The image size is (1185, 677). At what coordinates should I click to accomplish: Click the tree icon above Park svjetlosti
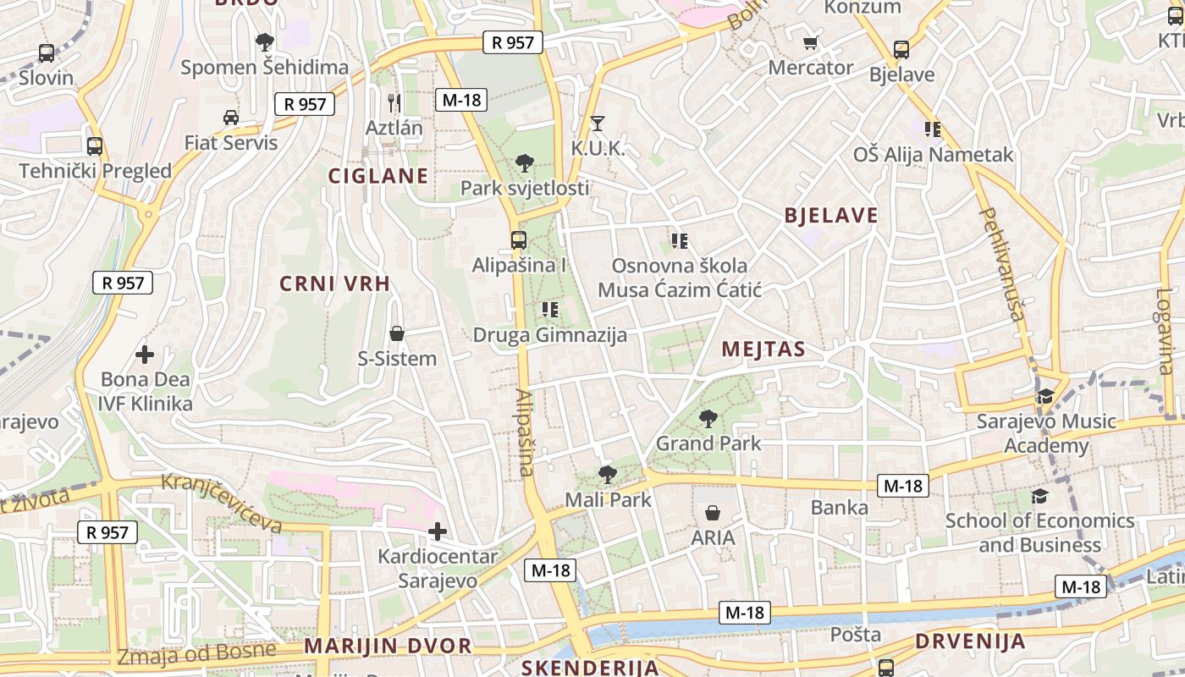click(x=524, y=162)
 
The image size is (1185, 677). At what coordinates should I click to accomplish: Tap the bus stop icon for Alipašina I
click(x=519, y=240)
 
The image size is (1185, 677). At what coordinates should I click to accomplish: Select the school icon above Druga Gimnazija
click(x=549, y=310)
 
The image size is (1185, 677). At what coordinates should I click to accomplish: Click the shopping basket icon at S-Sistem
click(x=396, y=334)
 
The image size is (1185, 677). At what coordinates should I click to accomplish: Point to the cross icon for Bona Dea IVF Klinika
click(x=145, y=354)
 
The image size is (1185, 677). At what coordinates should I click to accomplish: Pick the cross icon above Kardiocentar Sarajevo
click(x=437, y=531)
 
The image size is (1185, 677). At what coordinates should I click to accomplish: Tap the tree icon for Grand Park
click(x=708, y=418)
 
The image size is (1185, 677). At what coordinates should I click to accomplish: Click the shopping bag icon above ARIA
click(x=713, y=513)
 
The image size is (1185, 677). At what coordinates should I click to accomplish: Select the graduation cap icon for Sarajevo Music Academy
click(x=1046, y=396)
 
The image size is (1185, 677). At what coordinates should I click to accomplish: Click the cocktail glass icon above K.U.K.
click(x=598, y=124)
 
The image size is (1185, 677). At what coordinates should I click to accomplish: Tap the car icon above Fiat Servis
click(x=231, y=117)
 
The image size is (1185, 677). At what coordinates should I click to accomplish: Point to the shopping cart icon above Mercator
click(x=810, y=42)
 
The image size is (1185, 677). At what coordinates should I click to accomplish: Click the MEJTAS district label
click(x=763, y=349)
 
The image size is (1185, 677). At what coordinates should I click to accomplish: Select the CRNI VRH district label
click(x=335, y=283)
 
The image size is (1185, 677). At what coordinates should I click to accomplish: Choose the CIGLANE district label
click(x=378, y=176)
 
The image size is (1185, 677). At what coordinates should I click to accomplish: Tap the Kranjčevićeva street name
click(x=222, y=503)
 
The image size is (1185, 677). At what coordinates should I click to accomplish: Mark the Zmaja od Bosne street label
click(x=196, y=653)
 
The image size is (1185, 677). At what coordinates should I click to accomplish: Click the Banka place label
click(x=840, y=507)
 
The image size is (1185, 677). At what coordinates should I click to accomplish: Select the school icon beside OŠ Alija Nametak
click(x=933, y=129)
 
